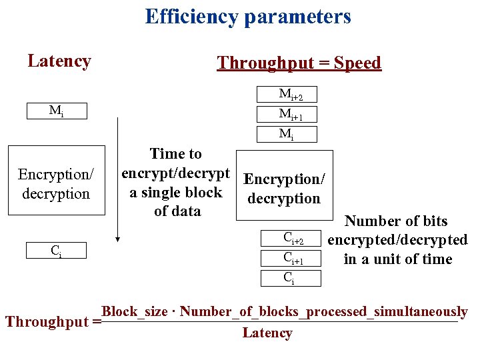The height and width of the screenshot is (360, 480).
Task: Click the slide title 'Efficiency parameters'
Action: coord(248,16)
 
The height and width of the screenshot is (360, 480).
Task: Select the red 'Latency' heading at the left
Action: coord(59,61)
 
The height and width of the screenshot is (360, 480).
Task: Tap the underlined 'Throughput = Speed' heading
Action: coord(299,63)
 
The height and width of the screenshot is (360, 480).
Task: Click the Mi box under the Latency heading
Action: coord(57,111)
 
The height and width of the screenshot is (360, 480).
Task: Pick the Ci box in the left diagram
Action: coord(57,251)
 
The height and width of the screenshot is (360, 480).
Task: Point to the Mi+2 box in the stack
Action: coord(287,94)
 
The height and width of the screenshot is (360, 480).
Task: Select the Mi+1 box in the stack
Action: coord(287,114)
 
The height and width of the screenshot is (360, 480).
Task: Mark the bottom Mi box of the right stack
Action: coord(287,134)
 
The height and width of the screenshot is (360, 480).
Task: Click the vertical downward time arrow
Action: coord(117,180)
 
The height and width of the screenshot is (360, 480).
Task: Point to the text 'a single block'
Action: coord(175,193)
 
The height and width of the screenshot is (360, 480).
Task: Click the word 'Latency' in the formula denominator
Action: coord(267,333)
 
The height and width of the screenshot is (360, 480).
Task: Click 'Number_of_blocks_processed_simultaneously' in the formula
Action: coord(323,311)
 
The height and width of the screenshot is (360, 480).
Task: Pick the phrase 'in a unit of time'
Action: coord(397,259)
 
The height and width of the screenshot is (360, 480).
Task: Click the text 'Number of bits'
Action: coord(396,221)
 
